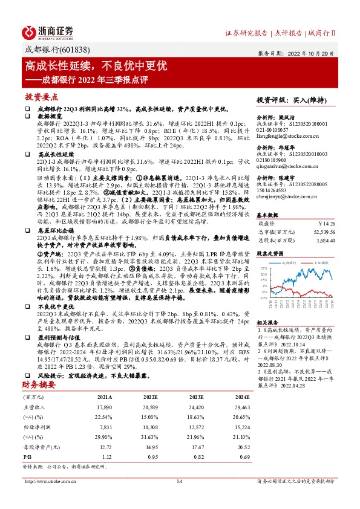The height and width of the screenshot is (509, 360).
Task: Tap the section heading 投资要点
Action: (x=42, y=97)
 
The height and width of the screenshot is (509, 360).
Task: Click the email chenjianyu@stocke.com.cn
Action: (x=281, y=196)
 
